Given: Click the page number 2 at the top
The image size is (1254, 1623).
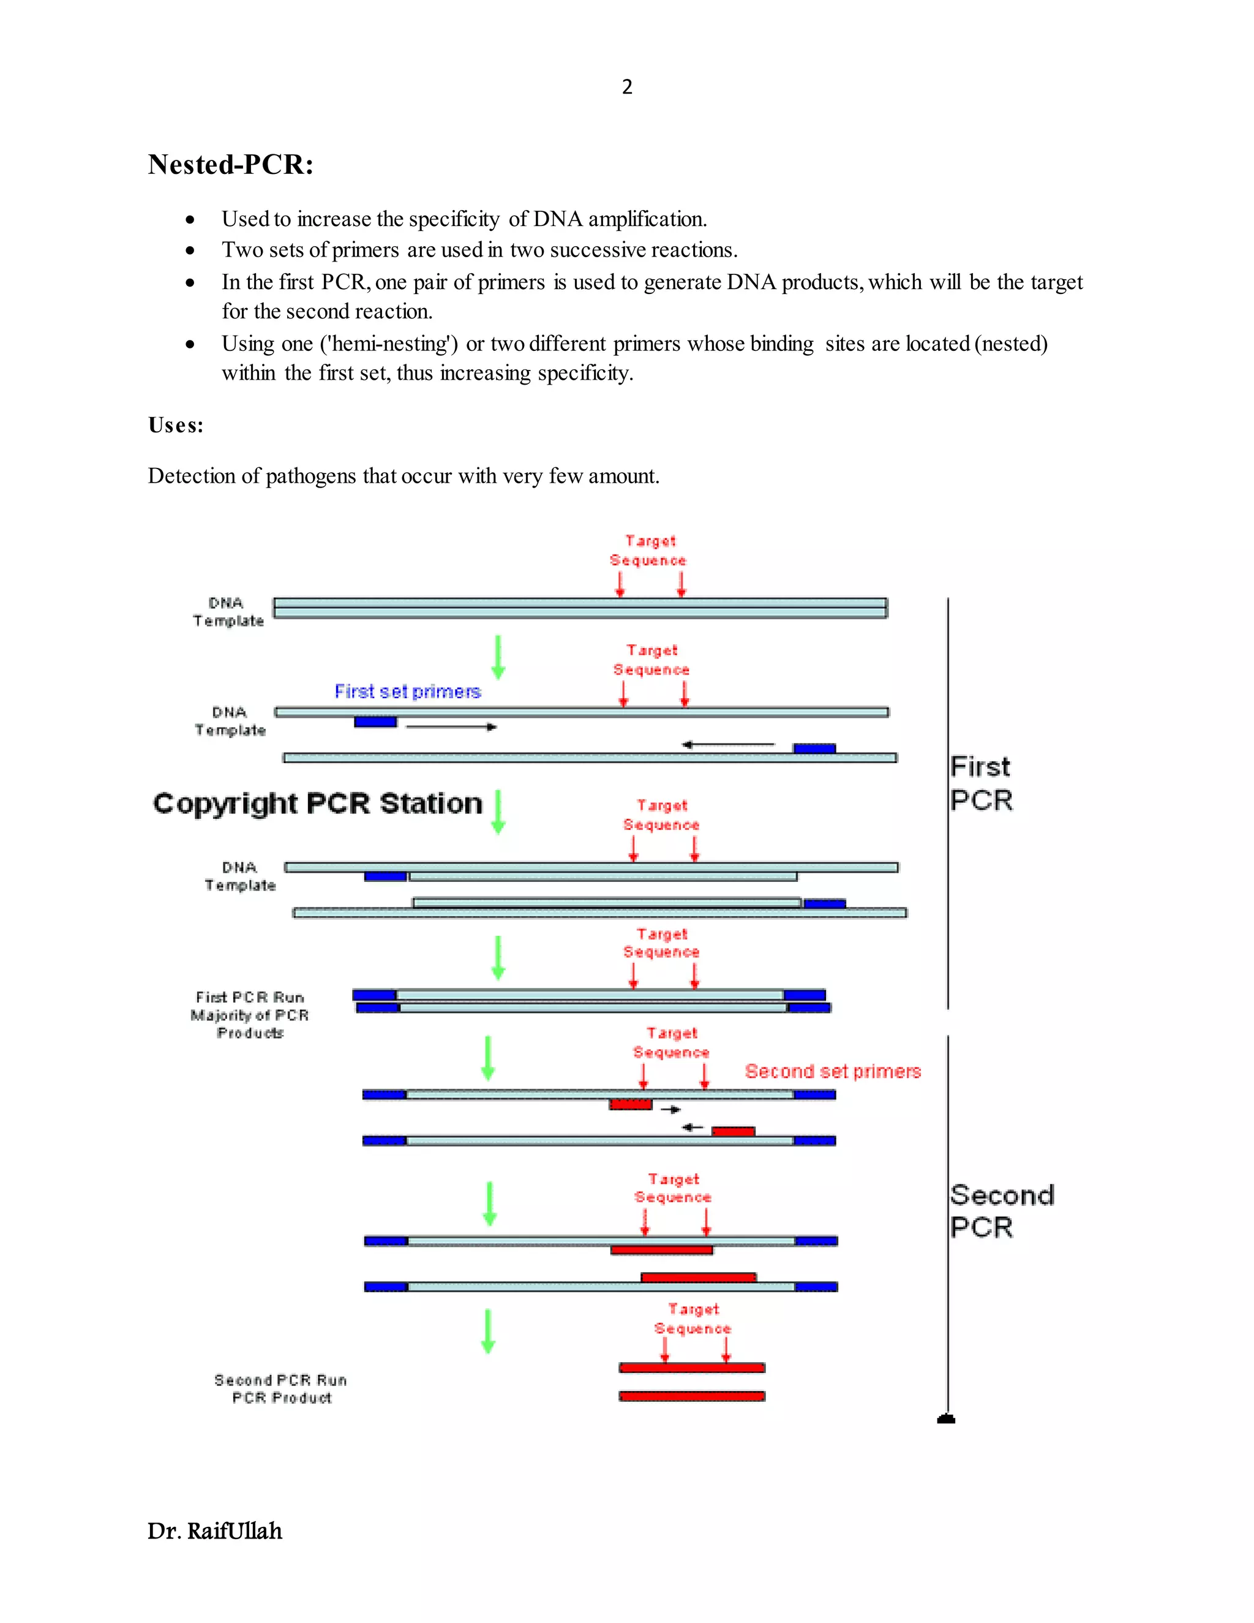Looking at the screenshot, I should click(x=627, y=87).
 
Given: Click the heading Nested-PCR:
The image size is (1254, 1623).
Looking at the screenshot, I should click(x=230, y=164).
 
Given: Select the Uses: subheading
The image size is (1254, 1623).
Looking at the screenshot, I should click(x=175, y=425).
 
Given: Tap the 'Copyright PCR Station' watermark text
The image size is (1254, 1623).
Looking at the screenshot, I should click(x=317, y=804).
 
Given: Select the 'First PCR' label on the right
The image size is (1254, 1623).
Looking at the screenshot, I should click(x=981, y=783).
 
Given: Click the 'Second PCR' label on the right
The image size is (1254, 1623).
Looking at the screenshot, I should click(x=1000, y=1211).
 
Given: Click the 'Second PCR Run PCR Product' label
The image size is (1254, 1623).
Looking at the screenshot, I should click(x=281, y=1388).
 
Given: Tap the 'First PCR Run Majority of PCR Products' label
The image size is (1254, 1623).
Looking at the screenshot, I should click(x=250, y=1014).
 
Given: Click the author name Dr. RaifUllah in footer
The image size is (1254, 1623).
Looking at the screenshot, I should click(x=215, y=1531).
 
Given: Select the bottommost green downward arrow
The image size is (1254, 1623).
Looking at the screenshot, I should click(x=488, y=1331).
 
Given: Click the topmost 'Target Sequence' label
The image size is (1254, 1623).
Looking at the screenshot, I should click(x=648, y=551).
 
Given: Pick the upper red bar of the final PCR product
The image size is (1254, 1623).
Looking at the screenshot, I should click(x=692, y=1368).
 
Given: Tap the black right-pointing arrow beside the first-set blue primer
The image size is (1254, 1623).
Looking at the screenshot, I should click(x=451, y=727).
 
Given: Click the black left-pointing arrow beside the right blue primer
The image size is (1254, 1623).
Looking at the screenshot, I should click(x=728, y=744).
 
